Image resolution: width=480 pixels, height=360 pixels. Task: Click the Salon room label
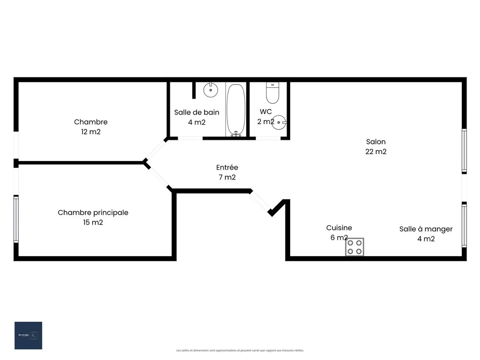376,142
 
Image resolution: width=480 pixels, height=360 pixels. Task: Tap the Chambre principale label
93,213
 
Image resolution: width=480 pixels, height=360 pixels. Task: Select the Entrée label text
227,167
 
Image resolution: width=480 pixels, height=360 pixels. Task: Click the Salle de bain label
197,112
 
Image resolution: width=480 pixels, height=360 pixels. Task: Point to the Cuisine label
339,228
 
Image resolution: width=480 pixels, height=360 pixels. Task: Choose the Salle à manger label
426,229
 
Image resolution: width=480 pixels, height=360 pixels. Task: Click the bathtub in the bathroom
236,109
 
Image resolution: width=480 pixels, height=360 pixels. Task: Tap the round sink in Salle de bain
211,90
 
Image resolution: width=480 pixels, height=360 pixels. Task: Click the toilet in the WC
272,93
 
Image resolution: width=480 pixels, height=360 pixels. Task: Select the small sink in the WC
279,122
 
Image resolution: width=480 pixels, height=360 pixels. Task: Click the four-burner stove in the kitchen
354,247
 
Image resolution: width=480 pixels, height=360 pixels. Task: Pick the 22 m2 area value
376,152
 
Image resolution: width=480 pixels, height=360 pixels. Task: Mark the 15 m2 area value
93,222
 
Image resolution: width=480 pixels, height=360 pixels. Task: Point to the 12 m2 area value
91,132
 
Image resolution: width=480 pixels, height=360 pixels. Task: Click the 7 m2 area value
227,177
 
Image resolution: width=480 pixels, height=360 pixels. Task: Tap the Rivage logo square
28,335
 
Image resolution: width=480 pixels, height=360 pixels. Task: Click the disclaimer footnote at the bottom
240,350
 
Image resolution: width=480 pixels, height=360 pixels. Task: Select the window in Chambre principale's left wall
16,219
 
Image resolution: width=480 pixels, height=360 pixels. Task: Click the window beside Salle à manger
464,225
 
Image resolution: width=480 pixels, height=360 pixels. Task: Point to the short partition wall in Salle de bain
194,90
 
